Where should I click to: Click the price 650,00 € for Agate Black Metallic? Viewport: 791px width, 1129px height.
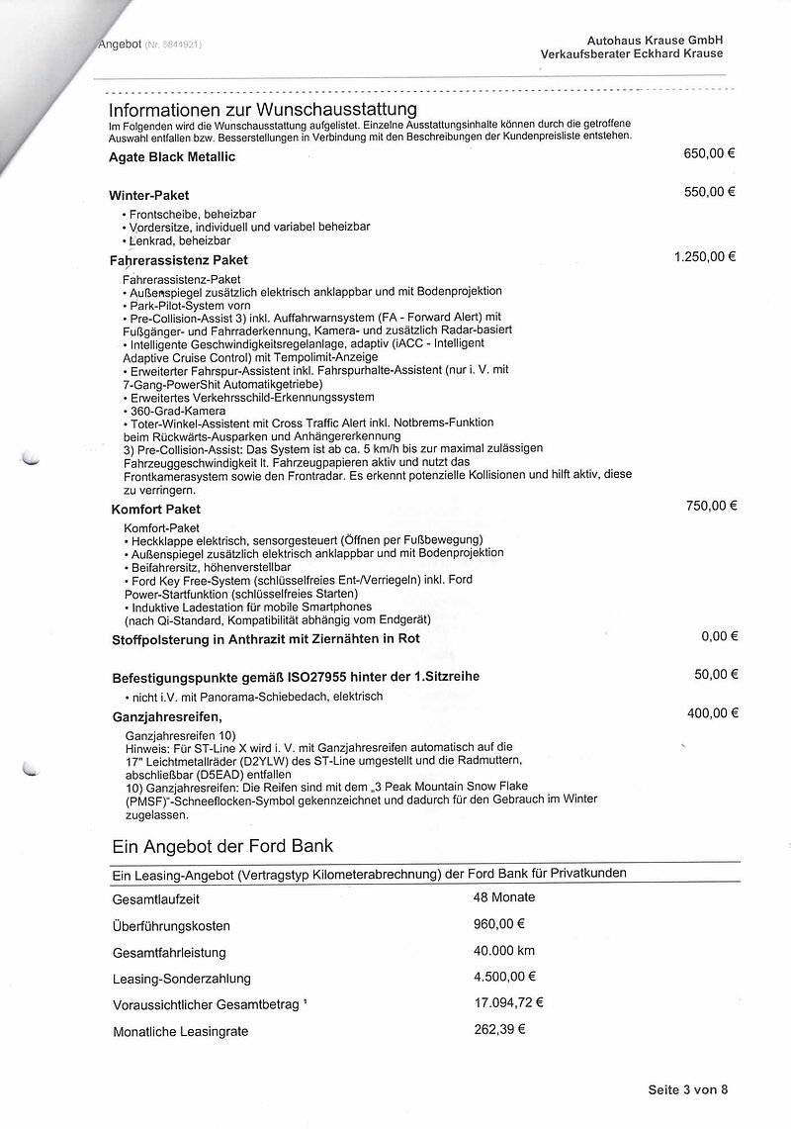point(709,154)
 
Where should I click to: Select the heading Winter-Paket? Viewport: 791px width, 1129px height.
point(149,196)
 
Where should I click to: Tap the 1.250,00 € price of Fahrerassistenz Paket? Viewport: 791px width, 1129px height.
point(704,256)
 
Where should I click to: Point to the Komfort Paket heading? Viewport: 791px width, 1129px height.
point(154,510)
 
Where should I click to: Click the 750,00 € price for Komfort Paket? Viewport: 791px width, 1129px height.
point(711,506)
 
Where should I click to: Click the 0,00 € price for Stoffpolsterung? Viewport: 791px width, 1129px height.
point(719,636)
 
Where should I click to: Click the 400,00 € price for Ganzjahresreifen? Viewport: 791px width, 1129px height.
point(711,712)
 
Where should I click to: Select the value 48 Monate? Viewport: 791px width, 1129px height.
point(504,897)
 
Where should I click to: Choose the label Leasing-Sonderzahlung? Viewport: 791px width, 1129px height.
point(181,979)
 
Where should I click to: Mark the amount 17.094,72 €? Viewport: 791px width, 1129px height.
point(509,1002)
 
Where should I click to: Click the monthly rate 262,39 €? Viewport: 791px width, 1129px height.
point(499,1029)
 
